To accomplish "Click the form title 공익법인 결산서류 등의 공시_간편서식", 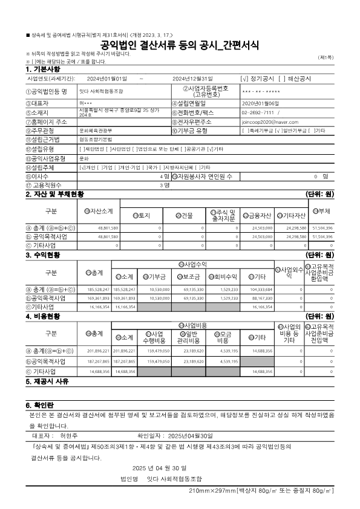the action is [x=179, y=45].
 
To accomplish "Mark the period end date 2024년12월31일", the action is [x=192, y=79].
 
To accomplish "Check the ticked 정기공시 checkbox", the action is [x=243, y=79].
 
